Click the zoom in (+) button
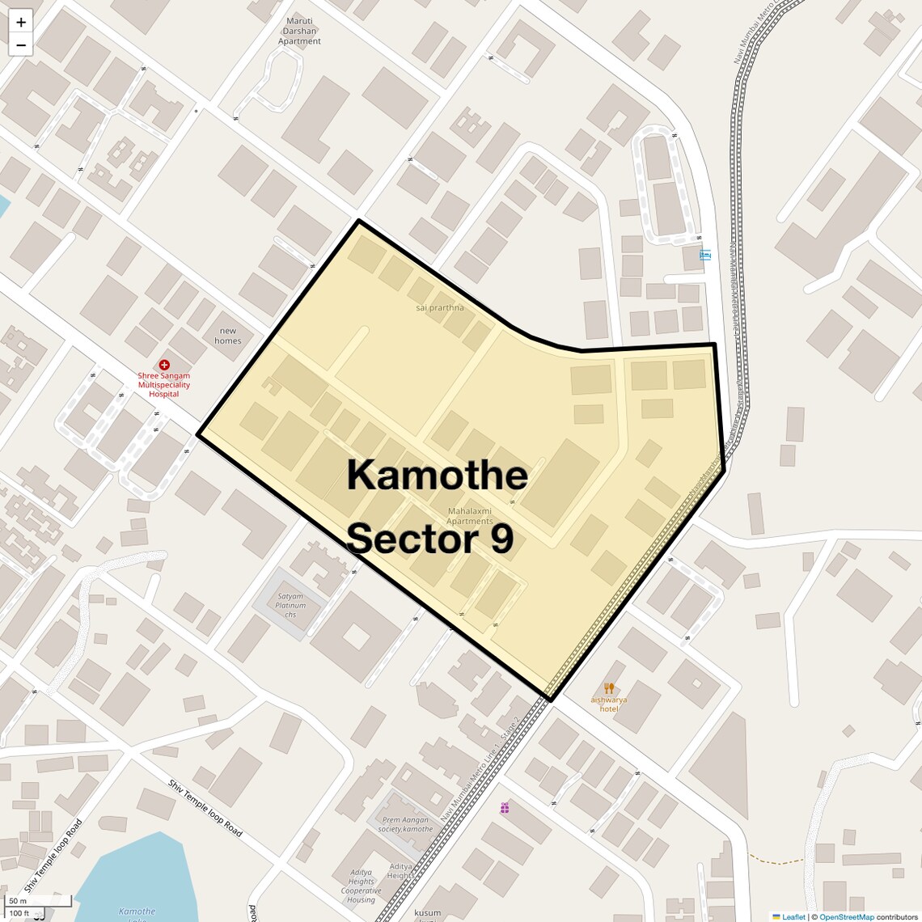(21, 22)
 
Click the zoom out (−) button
(21, 45)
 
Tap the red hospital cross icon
(164, 365)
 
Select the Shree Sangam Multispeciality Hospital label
(163, 385)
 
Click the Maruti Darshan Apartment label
(299, 32)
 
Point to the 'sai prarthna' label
(440, 307)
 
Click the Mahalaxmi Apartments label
(470, 516)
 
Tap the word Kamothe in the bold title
(437, 475)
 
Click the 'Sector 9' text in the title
(430, 539)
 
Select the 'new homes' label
(228, 336)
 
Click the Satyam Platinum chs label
(290, 605)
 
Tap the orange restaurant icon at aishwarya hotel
(609, 688)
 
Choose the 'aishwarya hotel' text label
(609, 704)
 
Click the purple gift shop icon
(505, 808)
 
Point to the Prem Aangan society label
(406, 824)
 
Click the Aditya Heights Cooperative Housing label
(362, 886)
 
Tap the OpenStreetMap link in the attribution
(847, 917)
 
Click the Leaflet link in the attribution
(793, 917)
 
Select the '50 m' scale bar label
(19, 901)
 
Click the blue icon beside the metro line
(705, 255)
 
